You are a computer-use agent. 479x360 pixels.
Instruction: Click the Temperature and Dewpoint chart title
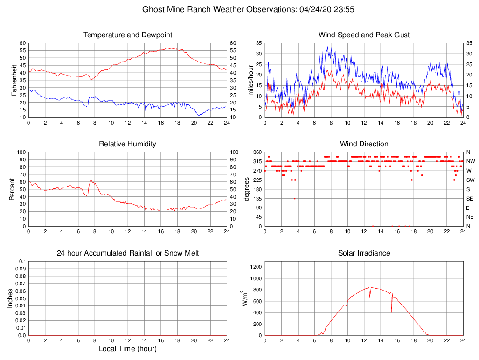point(128,35)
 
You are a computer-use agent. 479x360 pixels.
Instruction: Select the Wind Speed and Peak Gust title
point(364,35)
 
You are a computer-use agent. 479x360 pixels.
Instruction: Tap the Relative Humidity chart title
point(128,144)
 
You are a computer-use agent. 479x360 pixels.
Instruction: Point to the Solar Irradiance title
point(364,253)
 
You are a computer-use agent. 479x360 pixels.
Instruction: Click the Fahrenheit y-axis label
point(14,80)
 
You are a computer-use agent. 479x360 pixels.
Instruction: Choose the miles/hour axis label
point(250,80)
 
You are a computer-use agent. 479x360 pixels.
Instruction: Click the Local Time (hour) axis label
point(128,348)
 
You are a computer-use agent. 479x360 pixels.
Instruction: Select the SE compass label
point(470,199)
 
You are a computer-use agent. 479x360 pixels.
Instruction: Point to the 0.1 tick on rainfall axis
point(22,261)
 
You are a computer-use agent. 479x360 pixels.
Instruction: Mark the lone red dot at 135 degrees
point(295,199)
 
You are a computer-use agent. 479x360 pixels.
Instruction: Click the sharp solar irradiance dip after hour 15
point(392,312)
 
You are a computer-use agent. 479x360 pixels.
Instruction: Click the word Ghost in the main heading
point(152,9)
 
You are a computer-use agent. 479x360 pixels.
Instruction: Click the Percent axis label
point(12,189)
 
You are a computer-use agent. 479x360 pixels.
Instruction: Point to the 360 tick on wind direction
point(257,152)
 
